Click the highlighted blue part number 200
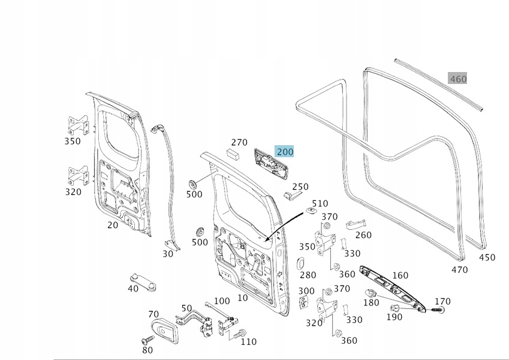[284, 152]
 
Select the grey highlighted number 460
[457, 79]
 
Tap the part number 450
[487, 257]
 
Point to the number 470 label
[459, 270]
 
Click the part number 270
[239, 142]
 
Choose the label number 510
[320, 204]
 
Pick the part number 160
[400, 276]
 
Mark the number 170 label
[442, 301]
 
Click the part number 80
[147, 350]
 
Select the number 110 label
[248, 341]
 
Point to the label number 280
[308, 275]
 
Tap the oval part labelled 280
[302, 262]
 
